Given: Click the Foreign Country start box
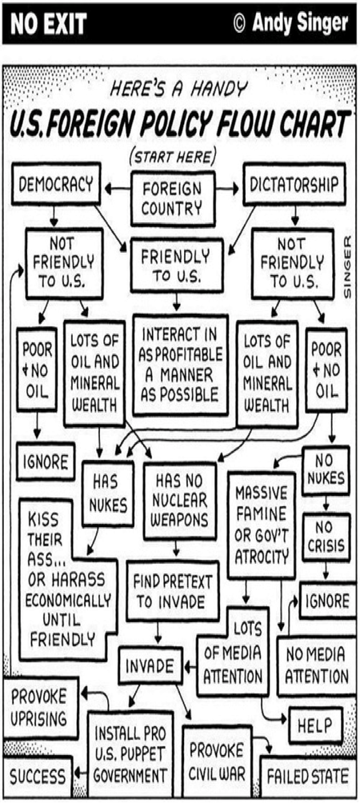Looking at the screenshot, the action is (173, 198).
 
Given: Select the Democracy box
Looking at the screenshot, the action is (56, 185).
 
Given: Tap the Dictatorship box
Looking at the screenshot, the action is (294, 185).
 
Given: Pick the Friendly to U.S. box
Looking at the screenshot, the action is (176, 266).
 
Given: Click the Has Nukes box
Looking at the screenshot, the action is (107, 493).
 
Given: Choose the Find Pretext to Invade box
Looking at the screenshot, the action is (173, 590).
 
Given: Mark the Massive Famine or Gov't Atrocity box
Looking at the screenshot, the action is (261, 525).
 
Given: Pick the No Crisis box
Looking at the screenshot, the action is (326, 537).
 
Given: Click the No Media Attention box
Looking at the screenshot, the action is (316, 665).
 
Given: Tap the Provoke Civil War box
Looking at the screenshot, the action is (217, 760).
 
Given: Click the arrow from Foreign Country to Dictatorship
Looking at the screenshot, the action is (228, 189).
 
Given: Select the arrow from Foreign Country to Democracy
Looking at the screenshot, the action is (118, 190).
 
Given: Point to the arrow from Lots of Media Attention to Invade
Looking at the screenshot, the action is (190, 667).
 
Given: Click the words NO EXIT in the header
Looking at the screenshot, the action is (49, 23).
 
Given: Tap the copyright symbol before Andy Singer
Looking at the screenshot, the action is (238, 23).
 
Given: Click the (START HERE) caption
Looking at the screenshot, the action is (173, 155).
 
